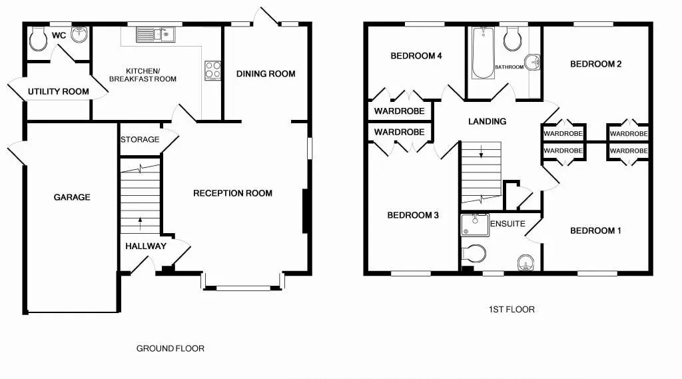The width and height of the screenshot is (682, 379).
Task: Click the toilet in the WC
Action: (38, 39)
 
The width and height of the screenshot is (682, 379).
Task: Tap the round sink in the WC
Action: (80, 35)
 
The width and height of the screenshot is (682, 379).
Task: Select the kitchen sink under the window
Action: (156, 35)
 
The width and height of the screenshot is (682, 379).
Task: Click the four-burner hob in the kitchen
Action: (212, 71)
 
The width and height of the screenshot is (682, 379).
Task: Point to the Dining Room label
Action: (266, 74)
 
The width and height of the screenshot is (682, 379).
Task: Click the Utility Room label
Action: (59, 92)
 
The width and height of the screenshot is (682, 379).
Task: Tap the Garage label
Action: (72, 197)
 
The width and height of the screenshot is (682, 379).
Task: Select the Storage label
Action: (140, 140)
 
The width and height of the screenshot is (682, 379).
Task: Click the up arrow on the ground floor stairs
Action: (140, 223)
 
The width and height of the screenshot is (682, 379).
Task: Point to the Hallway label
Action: (146, 246)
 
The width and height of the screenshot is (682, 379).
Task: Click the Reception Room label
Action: (232, 193)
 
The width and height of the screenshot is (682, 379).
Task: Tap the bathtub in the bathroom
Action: (483, 53)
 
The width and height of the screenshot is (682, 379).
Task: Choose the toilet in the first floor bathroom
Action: (513, 39)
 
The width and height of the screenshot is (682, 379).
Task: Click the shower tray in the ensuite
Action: (475, 224)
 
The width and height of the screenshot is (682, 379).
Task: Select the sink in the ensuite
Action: (526, 262)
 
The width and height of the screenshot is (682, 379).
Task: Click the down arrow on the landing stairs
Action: (481, 151)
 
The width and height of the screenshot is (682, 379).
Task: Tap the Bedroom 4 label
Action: (416, 56)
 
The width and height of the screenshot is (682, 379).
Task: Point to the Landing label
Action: (487, 122)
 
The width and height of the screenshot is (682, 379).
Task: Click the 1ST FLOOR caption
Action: (511, 309)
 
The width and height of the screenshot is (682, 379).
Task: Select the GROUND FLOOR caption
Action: (170, 348)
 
